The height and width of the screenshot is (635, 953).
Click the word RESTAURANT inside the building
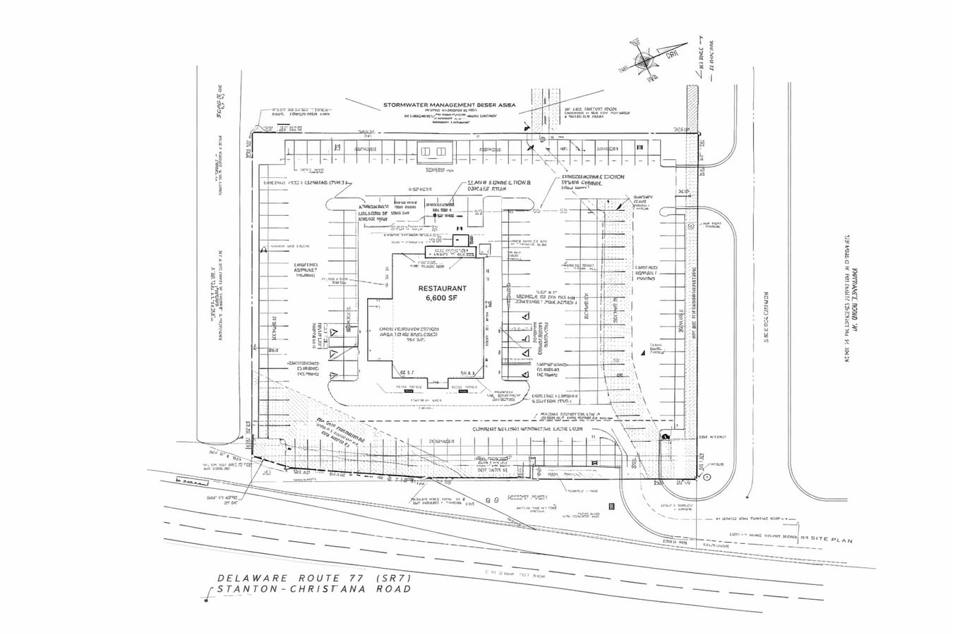(x=443, y=289)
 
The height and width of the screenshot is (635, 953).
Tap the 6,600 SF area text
(x=443, y=298)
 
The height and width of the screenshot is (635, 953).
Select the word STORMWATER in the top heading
(x=406, y=105)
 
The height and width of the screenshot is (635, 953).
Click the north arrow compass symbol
(x=644, y=62)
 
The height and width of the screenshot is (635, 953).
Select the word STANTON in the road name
(x=244, y=589)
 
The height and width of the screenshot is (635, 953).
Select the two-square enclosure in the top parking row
(x=430, y=151)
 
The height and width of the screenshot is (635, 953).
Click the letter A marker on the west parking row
(x=263, y=248)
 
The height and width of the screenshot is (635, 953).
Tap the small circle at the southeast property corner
(x=707, y=477)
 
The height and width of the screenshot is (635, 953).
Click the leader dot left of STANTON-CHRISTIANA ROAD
(x=205, y=599)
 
